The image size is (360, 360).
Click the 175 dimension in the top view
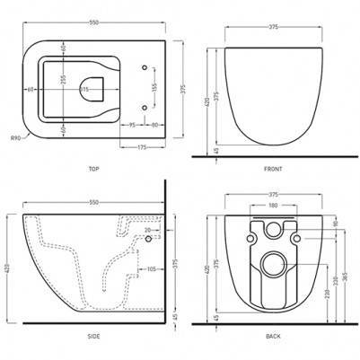142,147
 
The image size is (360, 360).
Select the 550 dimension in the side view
90,204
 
